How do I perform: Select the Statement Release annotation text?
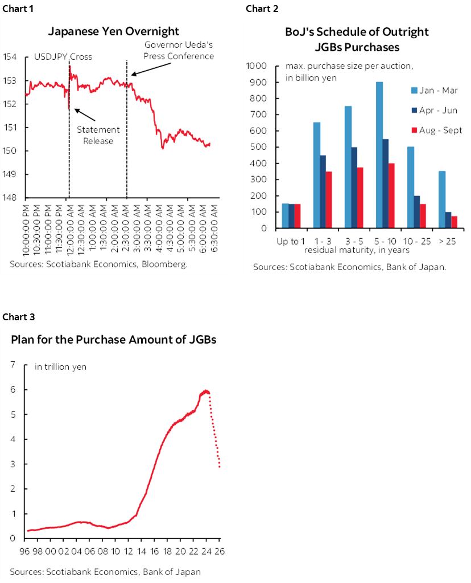(x=98, y=136)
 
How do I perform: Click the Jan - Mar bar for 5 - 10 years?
(x=379, y=154)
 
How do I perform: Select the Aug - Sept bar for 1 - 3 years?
(x=328, y=199)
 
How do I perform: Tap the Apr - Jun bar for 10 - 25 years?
(x=418, y=211)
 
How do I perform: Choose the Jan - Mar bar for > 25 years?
(x=441, y=199)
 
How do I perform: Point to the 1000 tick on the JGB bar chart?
(x=259, y=66)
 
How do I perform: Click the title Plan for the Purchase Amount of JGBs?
(x=114, y=340)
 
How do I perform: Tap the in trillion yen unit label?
(x=61, y=366)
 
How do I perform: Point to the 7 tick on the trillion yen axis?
(x=12, y=365)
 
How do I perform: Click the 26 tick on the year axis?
(x=218, y=551)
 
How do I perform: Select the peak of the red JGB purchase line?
(x=206, y=390)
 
